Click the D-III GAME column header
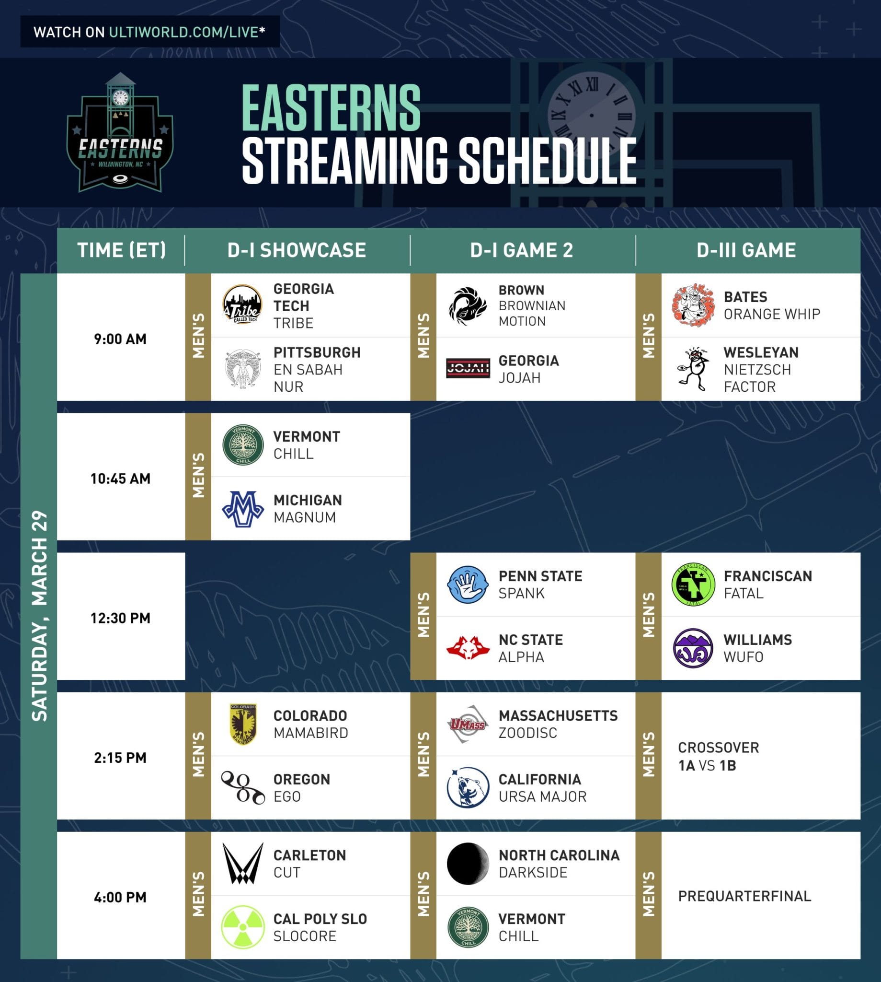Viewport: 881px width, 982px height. point(746,250)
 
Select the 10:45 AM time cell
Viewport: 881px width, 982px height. point(121,479)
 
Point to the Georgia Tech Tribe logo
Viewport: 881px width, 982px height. point(242,305)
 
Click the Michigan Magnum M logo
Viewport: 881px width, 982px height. point(243,509)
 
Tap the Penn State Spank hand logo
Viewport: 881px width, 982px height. point(467,584)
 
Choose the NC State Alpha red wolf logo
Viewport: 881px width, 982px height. point(468,648)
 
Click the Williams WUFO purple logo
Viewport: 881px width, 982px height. point(693,648)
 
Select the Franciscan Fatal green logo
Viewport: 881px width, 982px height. point(693,584)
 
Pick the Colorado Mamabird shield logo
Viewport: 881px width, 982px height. point(243,724)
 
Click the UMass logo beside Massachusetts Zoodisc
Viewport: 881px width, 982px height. point(468,724)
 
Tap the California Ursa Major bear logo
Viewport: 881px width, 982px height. point(468,787)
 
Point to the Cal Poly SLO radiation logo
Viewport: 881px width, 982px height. point(243,927)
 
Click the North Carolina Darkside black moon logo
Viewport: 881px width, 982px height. point(468,863)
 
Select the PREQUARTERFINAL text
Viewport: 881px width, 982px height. point(744,896)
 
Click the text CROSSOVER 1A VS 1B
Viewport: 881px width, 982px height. point(718,756)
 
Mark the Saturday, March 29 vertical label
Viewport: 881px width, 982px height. point(39,615)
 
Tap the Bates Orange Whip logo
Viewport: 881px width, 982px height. point(693,305)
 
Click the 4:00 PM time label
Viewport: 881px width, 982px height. point(121,897)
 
